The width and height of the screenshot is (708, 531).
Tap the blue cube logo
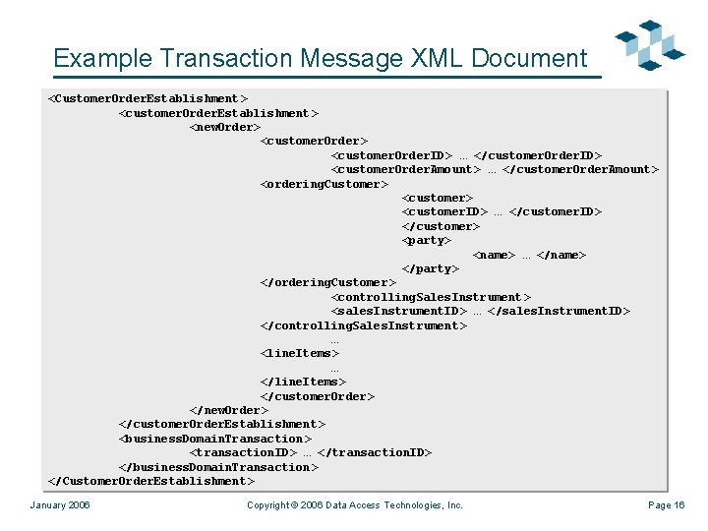650,45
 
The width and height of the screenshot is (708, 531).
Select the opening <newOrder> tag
224,127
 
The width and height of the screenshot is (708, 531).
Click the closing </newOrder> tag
228,410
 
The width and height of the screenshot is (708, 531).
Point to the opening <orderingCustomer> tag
324,184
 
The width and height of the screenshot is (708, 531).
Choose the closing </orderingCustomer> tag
327,283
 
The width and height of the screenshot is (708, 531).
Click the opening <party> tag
426,240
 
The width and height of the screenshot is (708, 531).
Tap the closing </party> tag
430,268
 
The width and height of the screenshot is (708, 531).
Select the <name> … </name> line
529,255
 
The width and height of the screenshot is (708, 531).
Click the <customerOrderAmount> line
494,169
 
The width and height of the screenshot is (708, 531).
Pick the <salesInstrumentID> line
480,312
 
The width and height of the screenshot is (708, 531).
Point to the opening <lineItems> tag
299,353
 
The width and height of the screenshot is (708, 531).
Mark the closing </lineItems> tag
303,382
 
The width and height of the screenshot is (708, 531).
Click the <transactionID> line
310,452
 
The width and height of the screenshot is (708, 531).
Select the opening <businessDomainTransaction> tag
214,439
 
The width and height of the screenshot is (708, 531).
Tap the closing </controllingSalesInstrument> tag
363,325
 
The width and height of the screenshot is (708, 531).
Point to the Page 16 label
666,505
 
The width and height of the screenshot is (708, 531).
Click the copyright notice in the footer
354,505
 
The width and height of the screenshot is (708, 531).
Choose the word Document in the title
529,58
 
